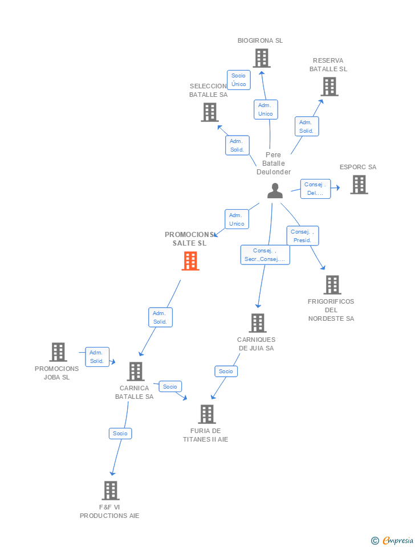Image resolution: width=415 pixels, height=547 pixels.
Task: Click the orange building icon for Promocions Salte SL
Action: [190, 261]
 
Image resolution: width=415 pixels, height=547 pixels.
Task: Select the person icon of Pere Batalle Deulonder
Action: [275, 191]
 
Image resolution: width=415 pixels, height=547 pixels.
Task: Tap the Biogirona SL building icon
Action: [261, 58]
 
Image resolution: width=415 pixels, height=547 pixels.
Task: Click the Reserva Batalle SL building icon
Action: [329, 87]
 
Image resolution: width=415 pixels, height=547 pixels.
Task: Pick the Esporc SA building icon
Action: [359, 185]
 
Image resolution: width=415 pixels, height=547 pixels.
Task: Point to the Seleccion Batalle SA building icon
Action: [210, 112]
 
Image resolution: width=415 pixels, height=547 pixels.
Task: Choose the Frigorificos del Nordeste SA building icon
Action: [332, 285]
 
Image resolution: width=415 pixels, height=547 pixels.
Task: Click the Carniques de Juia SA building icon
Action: [258, 323]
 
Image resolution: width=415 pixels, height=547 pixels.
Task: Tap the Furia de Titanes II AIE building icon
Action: [207, 414]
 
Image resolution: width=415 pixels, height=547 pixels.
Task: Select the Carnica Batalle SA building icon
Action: [136, 372]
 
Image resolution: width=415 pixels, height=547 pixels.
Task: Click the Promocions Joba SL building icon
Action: [58, 352]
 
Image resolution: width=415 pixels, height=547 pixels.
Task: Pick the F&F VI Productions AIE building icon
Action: [111, 491]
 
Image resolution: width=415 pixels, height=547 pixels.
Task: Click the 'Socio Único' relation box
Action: [239, 80]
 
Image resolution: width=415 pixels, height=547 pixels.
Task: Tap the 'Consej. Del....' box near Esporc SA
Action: [315, 189]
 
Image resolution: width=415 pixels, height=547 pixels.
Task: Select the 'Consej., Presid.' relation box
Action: [302, 236]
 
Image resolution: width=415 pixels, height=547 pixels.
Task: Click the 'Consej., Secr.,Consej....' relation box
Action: [265, 255]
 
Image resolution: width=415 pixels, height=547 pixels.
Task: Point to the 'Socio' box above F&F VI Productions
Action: [120, 434]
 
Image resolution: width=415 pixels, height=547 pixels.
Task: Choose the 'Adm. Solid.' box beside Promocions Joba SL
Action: [97, 357]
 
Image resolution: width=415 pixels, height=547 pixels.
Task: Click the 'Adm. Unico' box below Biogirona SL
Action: [266, 109]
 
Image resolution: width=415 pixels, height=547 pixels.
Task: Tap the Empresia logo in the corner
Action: [393, 540]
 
